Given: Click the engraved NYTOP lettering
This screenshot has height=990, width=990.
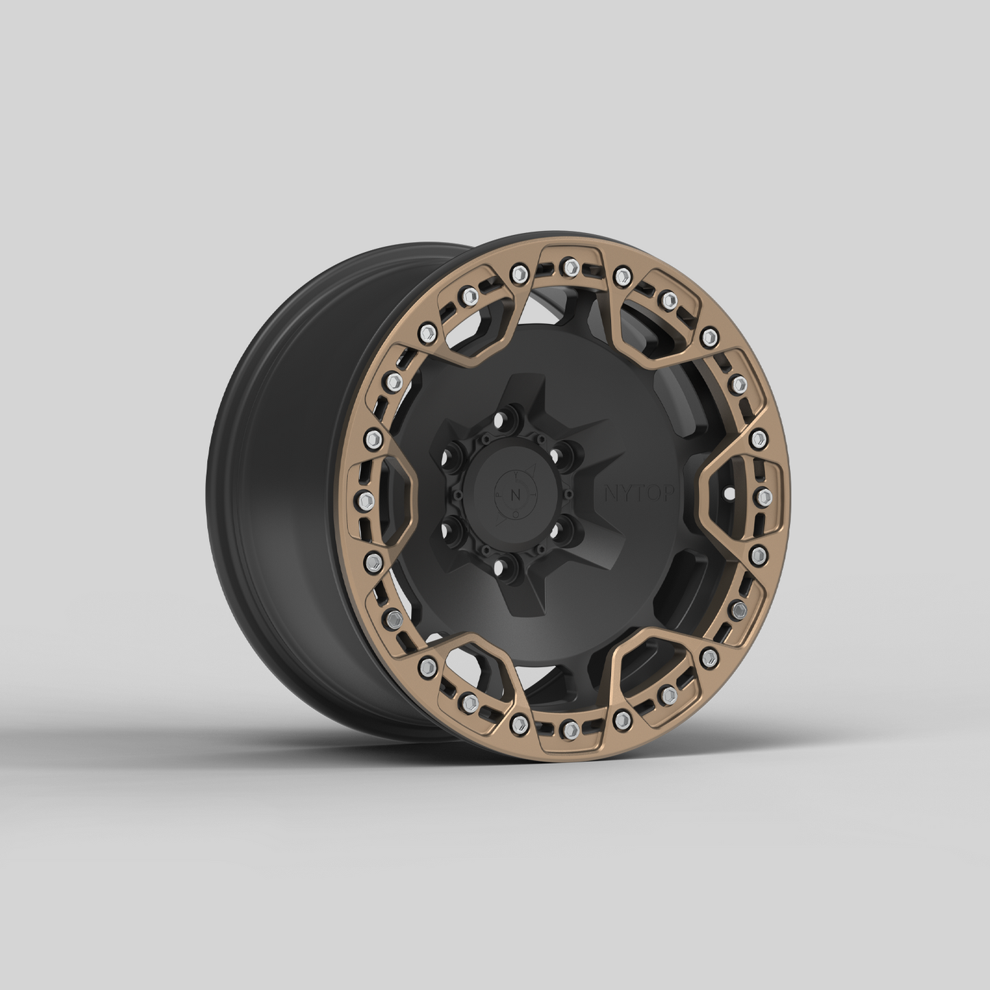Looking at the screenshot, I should tap(639, 493).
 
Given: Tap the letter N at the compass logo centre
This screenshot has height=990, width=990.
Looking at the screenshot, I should tap(515, 495).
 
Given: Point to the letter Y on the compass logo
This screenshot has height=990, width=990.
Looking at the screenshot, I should tap(515, 475).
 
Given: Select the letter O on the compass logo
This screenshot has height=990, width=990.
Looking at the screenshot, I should tap(515, 515).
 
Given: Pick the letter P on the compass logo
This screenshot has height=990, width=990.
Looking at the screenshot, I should tap(499, 495).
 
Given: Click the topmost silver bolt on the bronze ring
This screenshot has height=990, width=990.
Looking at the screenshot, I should tap(568, 266).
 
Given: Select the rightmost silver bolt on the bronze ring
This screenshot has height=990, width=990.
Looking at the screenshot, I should tap(765, 495).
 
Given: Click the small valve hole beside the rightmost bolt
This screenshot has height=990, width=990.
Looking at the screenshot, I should tap(728, 493).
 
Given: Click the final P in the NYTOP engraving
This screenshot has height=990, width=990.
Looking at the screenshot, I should tap(669, 493).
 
